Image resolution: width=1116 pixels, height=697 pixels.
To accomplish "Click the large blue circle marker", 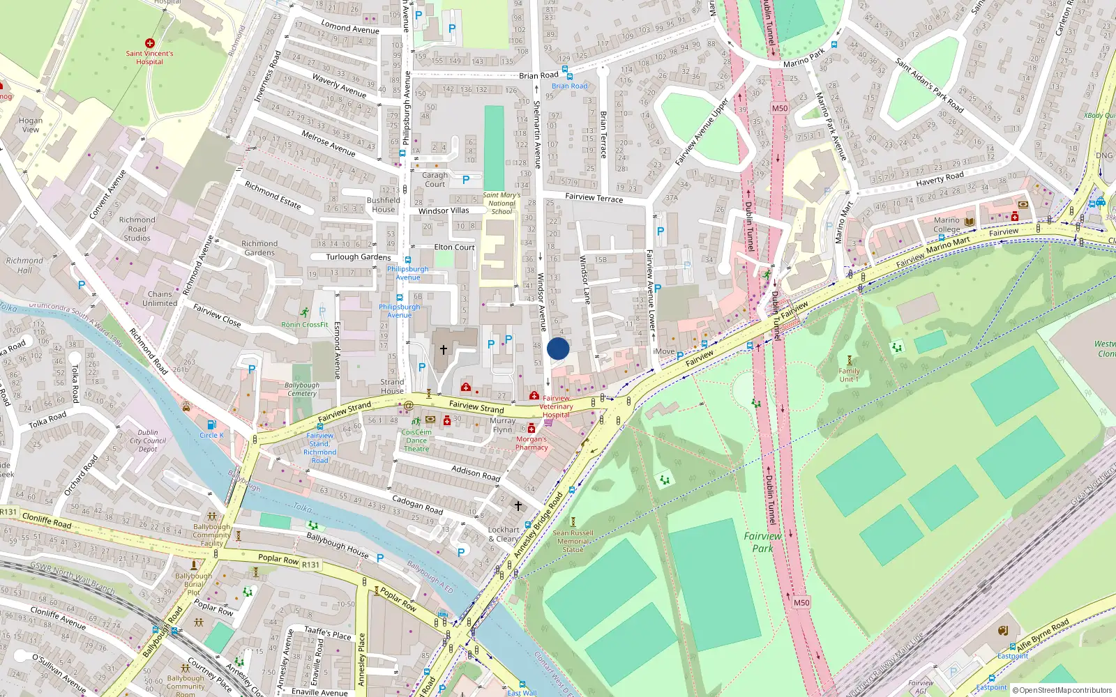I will pos(558,348).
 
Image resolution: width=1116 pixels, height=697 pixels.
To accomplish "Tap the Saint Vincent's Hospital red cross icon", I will pos(149,43).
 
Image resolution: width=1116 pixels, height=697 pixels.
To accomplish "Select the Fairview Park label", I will pos(762,542).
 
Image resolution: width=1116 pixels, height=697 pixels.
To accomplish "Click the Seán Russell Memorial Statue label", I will pos(573,542).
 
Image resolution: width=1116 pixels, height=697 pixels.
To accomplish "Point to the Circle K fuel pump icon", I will pos(211,424).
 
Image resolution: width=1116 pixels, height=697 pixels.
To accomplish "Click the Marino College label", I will pos(947,224).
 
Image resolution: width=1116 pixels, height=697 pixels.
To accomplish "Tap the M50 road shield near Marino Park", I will pos(779,108).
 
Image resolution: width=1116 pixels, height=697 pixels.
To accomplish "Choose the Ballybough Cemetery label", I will pos(301,389).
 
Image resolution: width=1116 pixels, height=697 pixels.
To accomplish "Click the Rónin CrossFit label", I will pos(304,325).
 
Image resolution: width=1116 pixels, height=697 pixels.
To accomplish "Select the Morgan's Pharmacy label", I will pos(531,443).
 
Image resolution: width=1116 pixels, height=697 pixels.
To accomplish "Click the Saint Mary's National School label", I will pos(502,204).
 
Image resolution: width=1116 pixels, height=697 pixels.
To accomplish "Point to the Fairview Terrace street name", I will pos(594,198).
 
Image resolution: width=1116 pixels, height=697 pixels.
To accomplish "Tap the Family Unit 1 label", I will pos(849,375).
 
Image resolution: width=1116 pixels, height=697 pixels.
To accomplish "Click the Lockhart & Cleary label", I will pos(504,534).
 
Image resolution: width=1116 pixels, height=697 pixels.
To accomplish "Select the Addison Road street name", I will pos(475,473).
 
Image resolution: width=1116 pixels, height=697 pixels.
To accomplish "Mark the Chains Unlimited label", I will pos(160,298).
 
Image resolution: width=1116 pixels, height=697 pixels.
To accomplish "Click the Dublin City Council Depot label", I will pos(148,441).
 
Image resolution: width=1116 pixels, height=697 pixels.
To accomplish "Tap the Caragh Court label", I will pos(435,180).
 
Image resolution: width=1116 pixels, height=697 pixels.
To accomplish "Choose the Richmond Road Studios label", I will pos(137,229).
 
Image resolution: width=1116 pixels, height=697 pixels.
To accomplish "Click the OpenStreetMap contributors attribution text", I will pos(1065,690).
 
